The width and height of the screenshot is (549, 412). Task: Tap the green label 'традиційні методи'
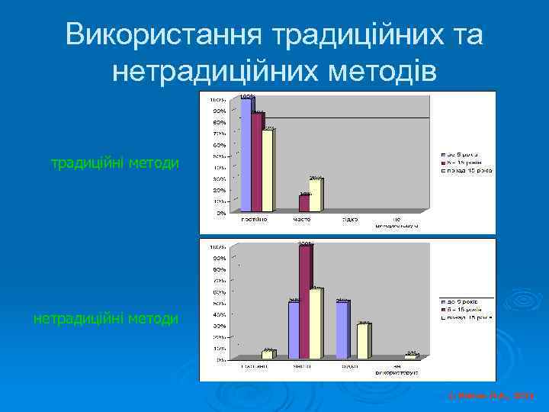tap(115, 163)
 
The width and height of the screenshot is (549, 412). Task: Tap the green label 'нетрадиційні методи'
tap(106, 318)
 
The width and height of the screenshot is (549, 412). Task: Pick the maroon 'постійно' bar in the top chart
tap(256, 162)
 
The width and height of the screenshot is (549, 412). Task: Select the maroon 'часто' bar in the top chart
tap(304, 203)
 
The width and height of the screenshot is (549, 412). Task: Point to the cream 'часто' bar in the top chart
tap(315, 195)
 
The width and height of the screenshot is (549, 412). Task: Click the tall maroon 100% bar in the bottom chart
tap(305, 301)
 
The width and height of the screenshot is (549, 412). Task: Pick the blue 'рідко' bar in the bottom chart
tap(342, 329)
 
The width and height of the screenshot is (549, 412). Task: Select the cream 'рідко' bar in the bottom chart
tap(364, 340)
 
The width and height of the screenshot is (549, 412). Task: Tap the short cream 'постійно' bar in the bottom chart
tap(268, 354)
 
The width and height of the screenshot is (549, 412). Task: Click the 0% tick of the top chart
tap(219, 213)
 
